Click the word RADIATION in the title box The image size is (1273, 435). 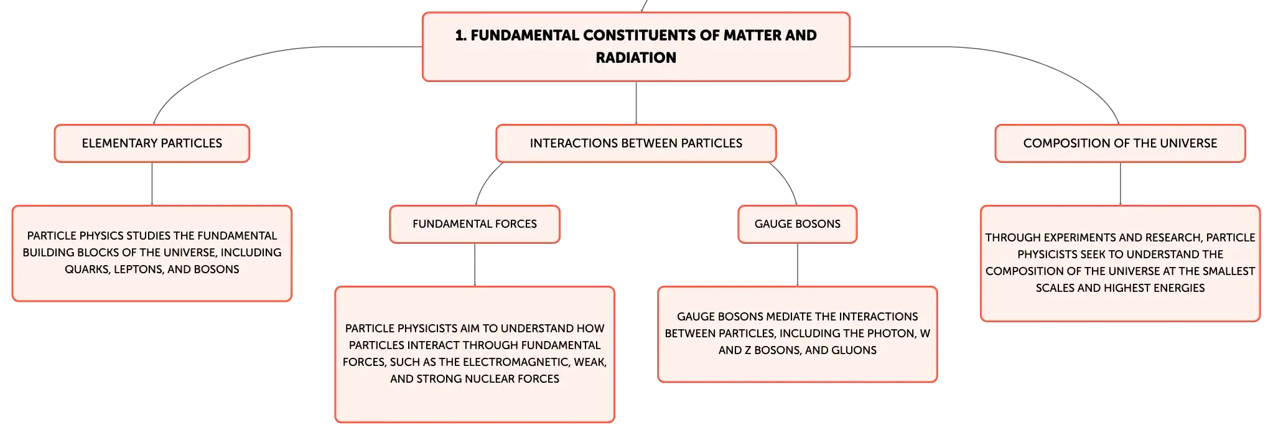click(x=636, y=58)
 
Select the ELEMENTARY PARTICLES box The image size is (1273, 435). click(x=152, y=143)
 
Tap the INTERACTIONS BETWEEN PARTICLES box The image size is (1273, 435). click(x=636, y=143)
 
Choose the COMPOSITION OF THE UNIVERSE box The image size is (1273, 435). click(x=1120, y=143)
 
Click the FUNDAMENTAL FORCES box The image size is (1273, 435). click(x=475, y=224)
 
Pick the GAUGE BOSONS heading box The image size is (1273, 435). click(x=798, y=224)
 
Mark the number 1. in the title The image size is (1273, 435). click(x=461, y=35)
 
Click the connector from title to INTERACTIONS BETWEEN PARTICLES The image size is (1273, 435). click(x=636, y=103)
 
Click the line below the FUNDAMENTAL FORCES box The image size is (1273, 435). click(x=475, y=264)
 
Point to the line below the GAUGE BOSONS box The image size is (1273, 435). click(x=798, y=264)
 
